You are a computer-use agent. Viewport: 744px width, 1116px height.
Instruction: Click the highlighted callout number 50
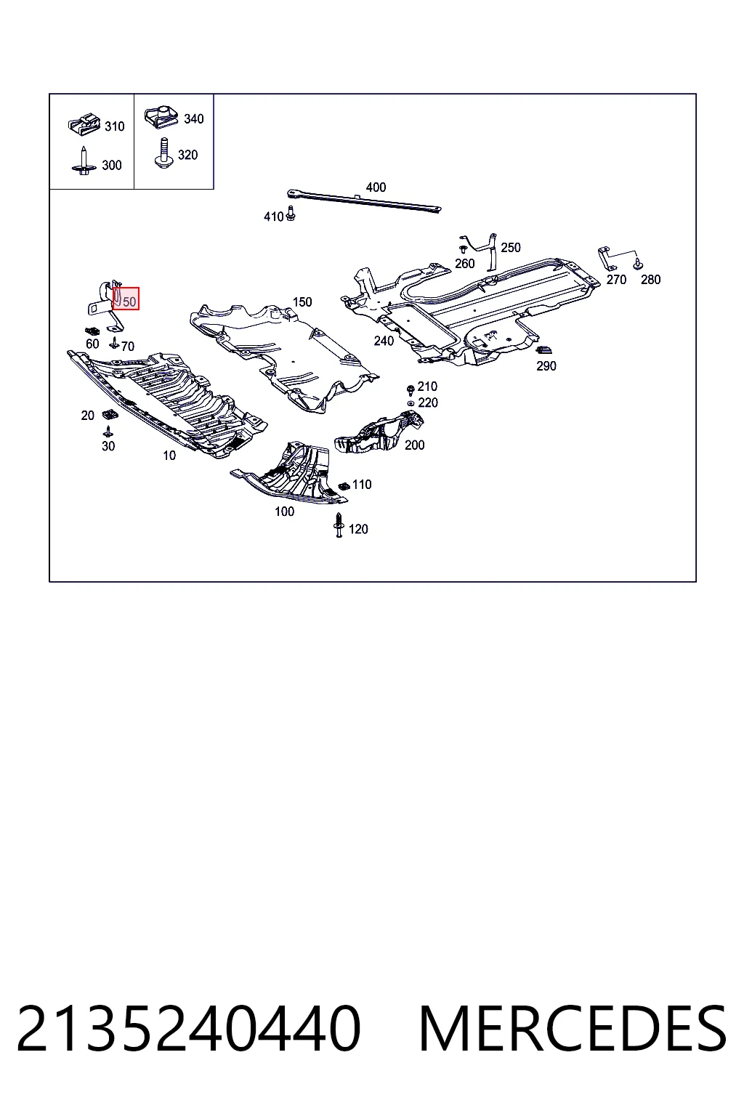click(129, 302)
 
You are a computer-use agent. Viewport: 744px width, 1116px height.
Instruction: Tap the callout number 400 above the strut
click(376, 187)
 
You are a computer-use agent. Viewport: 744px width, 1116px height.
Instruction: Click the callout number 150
click(302, 302)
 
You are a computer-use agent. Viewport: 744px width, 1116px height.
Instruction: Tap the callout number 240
click(384, 341)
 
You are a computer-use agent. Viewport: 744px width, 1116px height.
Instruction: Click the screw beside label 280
click(638, 264)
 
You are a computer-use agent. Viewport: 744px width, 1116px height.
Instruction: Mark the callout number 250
click(510, 248)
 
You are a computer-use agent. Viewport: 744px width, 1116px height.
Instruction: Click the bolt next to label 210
click(411, 389)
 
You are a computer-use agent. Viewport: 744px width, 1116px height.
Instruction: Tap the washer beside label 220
click(410, 403)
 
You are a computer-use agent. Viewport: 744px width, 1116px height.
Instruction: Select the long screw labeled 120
click(339, 525)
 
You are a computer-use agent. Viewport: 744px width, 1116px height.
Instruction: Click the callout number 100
click(285, 511)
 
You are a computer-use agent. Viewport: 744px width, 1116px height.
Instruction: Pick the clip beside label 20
click(110, 414)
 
